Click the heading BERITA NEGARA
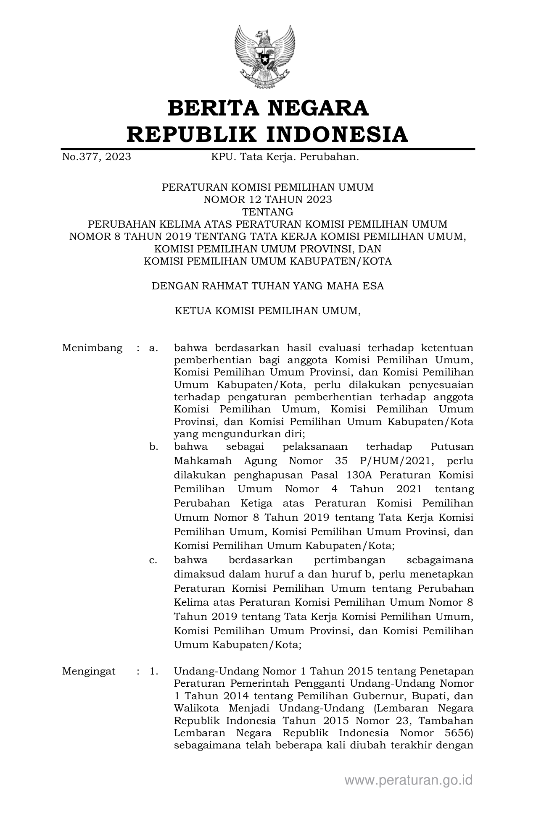268,108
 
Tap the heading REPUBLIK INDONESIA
268,134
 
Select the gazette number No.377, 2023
96,157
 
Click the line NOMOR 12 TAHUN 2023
268,199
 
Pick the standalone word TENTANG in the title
268,211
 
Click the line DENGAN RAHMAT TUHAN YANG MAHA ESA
268,286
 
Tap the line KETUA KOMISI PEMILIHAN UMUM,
268,311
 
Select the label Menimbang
92,348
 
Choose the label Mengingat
89,671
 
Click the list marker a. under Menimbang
153,348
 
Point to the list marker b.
153,447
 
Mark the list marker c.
153,560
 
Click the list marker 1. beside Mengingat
154,671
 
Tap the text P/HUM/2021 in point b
399,461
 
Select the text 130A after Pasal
360,475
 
